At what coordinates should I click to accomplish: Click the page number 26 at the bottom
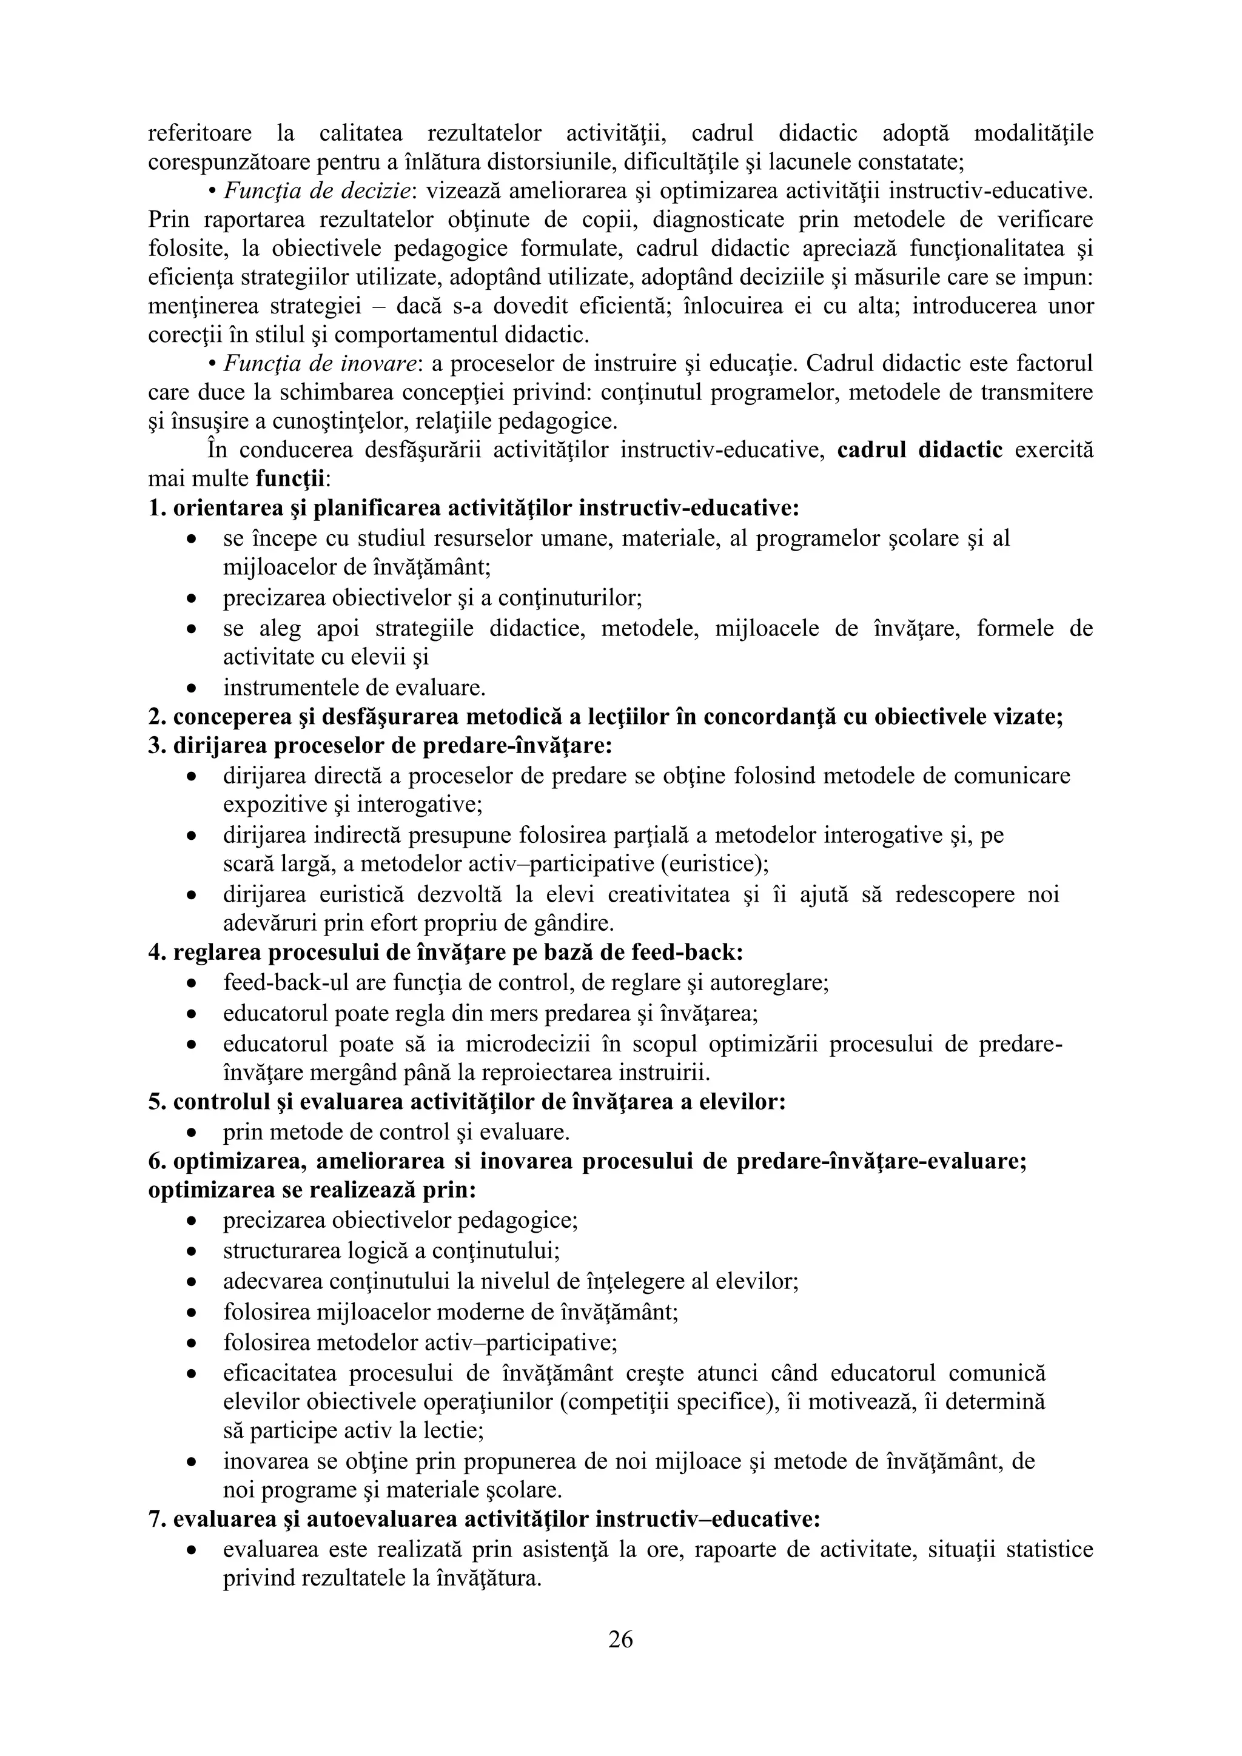[x=620, y=1639]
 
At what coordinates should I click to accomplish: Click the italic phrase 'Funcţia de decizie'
[x=317, y=190]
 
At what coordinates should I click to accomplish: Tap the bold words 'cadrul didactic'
[x=920, y=450]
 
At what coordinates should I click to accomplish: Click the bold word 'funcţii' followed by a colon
[x=290, y=479]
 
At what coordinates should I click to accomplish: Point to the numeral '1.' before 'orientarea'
[x=157, y=509]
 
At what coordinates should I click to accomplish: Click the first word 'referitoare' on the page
[x=200, y=134]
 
